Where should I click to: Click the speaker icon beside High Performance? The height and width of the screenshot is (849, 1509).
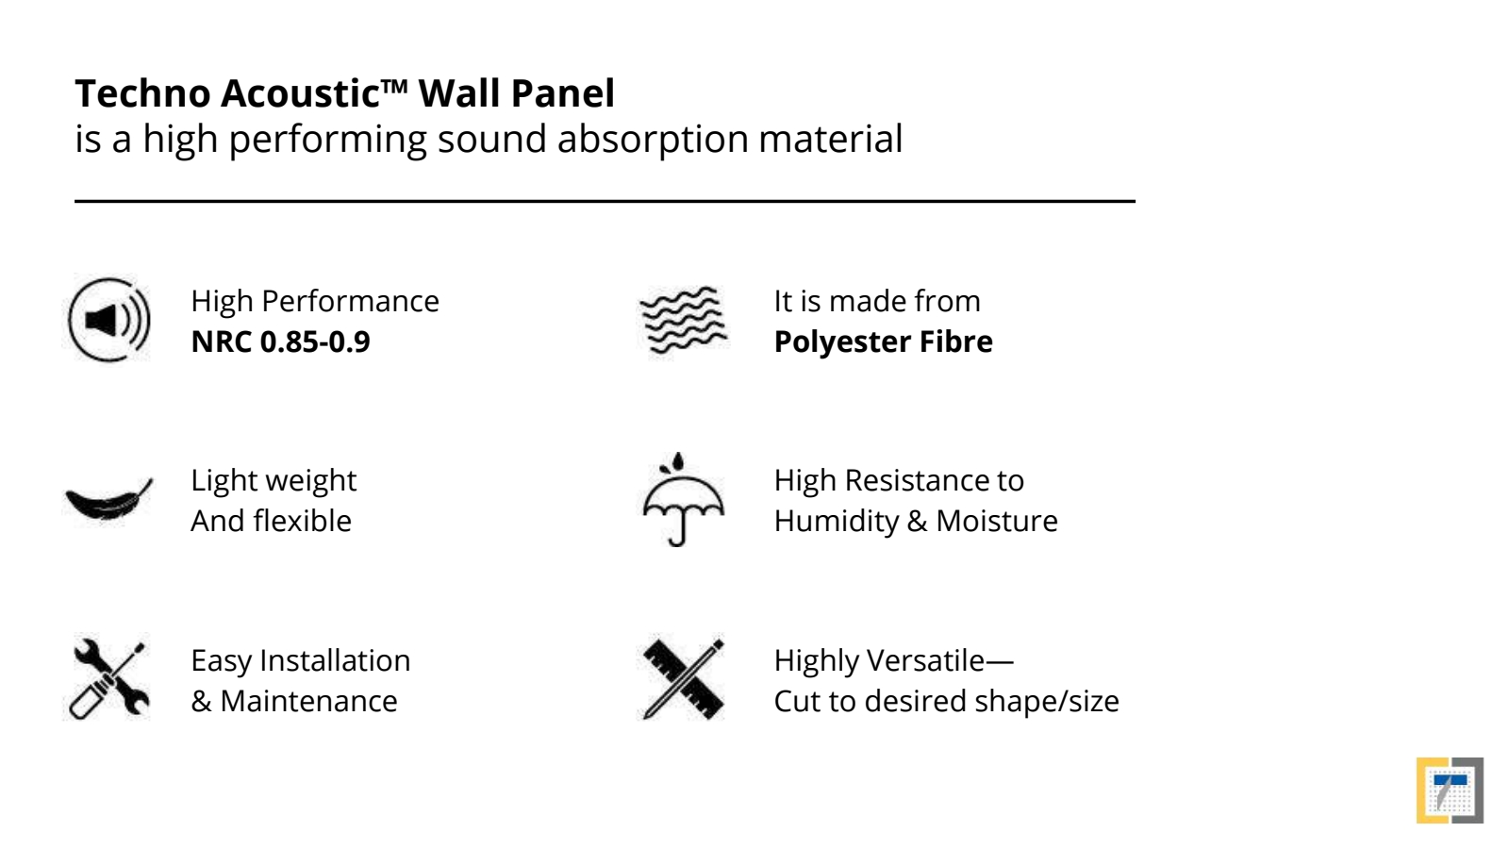coord(109,320)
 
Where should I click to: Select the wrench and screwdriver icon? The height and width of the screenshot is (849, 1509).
coord(109,678)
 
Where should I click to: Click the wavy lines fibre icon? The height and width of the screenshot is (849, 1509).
coord(683,320)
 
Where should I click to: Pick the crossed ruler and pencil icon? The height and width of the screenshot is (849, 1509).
coord(683,678)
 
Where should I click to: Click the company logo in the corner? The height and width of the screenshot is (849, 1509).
coord(1450,791)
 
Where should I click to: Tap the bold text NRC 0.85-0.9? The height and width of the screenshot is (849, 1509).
coord(281,341)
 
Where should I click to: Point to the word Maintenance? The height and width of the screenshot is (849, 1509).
coord(308,702)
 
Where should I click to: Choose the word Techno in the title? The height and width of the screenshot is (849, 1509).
coord(142,93)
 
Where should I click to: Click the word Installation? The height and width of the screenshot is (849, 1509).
coord(335,661)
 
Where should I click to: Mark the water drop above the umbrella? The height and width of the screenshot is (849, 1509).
coord(678,461)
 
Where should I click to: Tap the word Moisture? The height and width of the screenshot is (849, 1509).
coord(997,522)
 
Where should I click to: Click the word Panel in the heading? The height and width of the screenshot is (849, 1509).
coord(562,93)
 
